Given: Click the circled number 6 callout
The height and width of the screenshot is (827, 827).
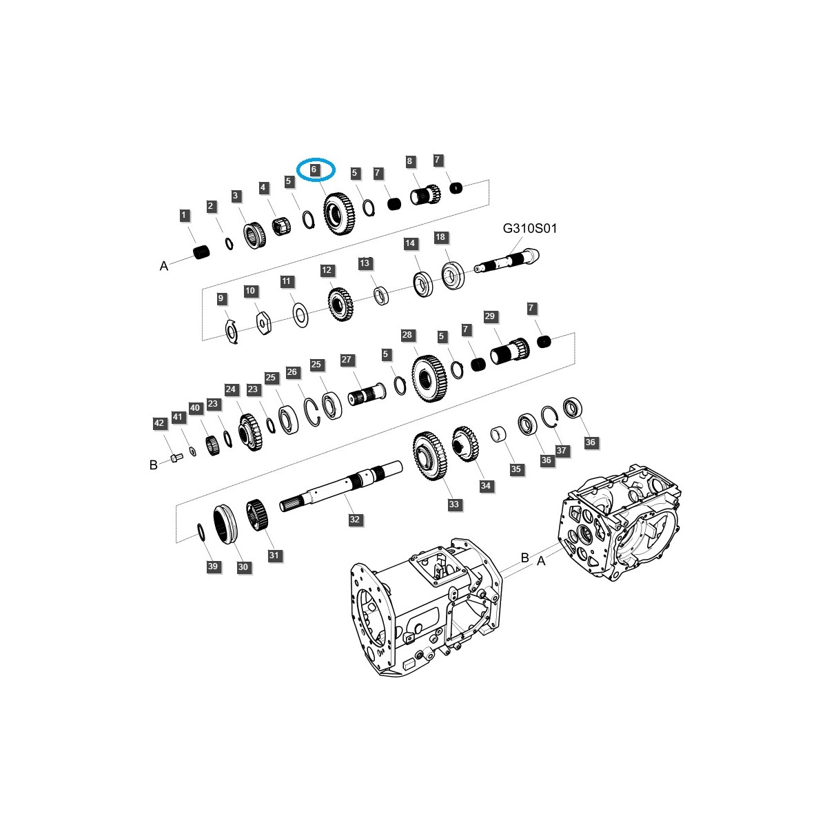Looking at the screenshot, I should click(314, 169).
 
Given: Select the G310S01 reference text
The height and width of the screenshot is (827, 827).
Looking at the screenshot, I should click(529, 228).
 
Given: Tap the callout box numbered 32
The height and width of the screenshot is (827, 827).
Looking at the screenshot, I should click(354, 520).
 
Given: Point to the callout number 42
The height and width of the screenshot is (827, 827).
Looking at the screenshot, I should click(159, 423).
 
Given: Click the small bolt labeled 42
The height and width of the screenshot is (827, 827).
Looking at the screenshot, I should click(174, 458).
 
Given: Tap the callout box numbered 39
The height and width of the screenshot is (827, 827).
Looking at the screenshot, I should click(213, 566).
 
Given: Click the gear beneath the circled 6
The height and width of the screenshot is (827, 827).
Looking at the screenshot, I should click(338, 214).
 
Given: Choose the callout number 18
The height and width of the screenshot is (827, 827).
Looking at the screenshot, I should click(441, 237).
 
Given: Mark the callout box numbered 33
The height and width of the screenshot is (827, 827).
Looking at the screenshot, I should click(453, 504).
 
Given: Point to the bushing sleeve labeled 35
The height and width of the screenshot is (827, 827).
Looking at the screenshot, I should click(498, 436).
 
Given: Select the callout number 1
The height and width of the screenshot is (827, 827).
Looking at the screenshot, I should click(183, 216).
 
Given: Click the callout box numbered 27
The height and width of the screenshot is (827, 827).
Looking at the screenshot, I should click(347, 360).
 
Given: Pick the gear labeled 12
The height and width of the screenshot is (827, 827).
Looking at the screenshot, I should click(339, 302).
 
